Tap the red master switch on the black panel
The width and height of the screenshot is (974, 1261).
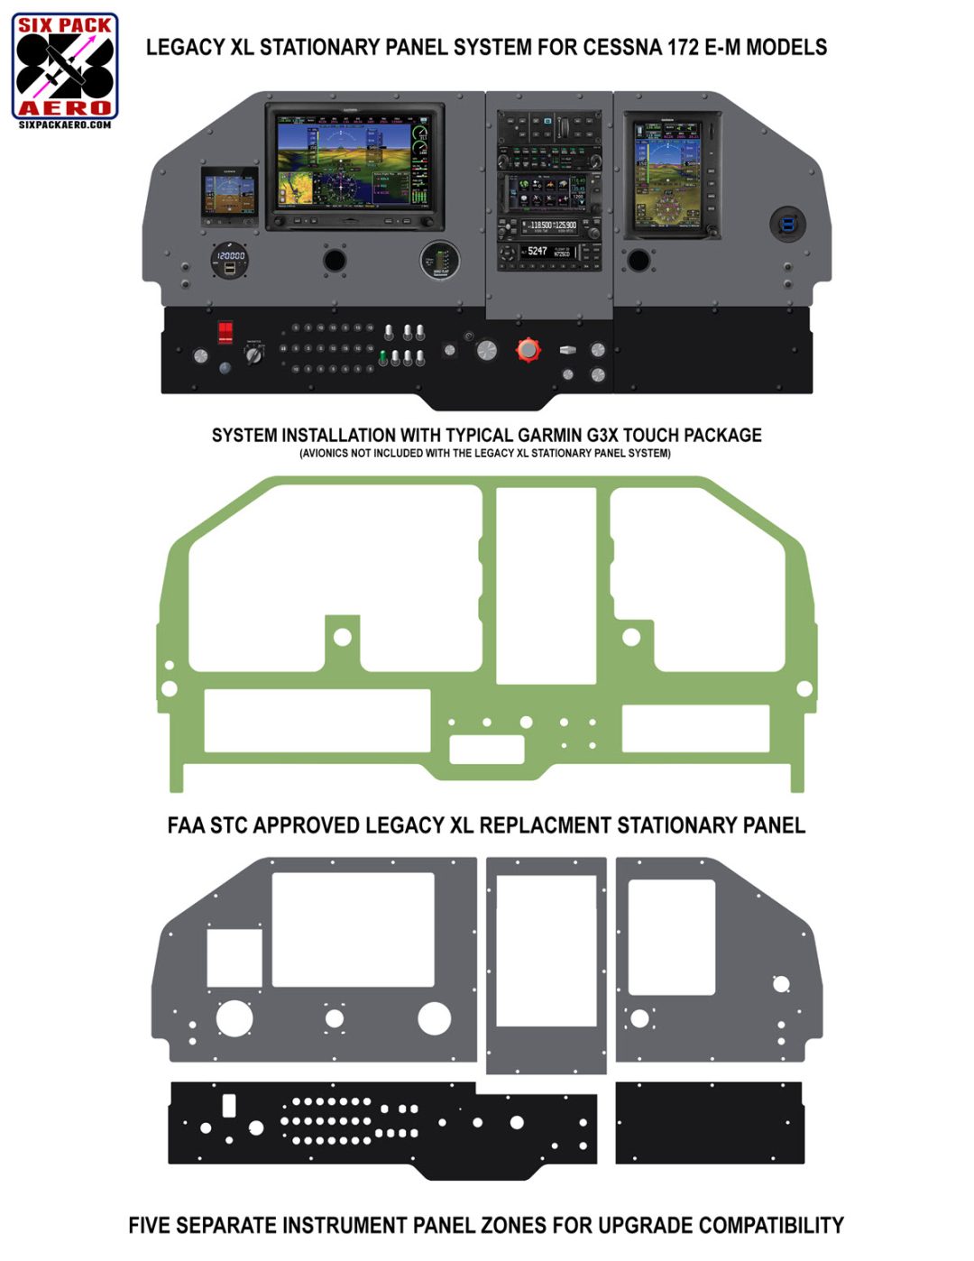(225, 331)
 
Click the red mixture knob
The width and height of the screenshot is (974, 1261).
(528, 349)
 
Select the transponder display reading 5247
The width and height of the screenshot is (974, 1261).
(538, 252)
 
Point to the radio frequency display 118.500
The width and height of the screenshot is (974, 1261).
(540, 225)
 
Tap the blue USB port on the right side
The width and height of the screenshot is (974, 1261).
(787, 224)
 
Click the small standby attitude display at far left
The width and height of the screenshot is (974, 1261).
(229, 195)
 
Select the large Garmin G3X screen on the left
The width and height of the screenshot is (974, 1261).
(354, 166)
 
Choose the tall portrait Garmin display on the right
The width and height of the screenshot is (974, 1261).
(672, 175)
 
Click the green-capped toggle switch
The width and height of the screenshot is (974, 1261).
(382, 358)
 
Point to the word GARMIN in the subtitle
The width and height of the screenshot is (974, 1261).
(549, 436)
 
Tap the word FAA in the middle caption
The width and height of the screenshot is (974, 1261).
(186, 825)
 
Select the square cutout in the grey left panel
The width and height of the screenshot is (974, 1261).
(234, 958)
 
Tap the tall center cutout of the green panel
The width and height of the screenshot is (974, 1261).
(547, 584)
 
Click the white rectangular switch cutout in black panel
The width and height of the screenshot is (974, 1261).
(229, 1105)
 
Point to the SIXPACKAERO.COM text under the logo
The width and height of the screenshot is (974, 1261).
(65, 124)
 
